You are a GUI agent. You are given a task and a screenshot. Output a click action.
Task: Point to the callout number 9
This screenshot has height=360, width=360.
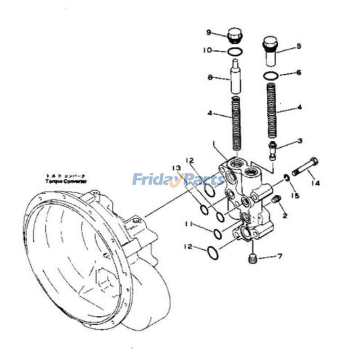[x=209, y=32]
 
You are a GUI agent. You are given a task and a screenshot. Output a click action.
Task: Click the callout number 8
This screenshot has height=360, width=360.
[x=210, y=77]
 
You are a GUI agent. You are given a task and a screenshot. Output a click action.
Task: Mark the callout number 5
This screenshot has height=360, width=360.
[x=298, y=46]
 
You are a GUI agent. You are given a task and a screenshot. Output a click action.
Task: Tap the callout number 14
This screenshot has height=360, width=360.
[x=316, y=183]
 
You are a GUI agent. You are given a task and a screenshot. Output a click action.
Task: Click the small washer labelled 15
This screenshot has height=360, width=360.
[x=286, y=179]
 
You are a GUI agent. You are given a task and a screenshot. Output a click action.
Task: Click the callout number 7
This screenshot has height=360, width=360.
[x=279, y=257]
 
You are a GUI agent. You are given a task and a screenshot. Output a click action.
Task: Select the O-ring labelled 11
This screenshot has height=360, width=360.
[x=216, y=234]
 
